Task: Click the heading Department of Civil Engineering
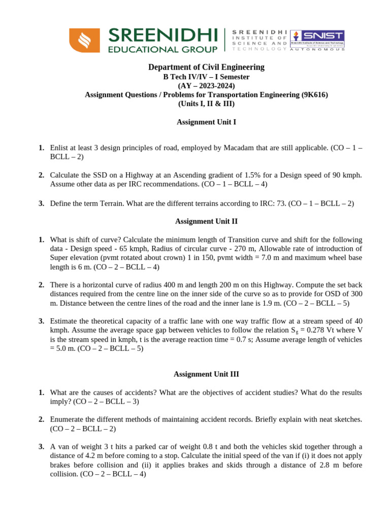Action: pyautogui.click(x=206, y=67)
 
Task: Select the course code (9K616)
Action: pyautogui.click(x=313, y=94)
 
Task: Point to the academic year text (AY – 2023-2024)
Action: pyautogui.click(x=206, y=85)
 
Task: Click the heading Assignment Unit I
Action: pyautogui.click(x=206, y=122)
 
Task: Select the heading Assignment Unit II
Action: pyautogui.click(x=206, y=221)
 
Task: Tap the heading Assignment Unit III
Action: pyautogui.click(x=206, y=374)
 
